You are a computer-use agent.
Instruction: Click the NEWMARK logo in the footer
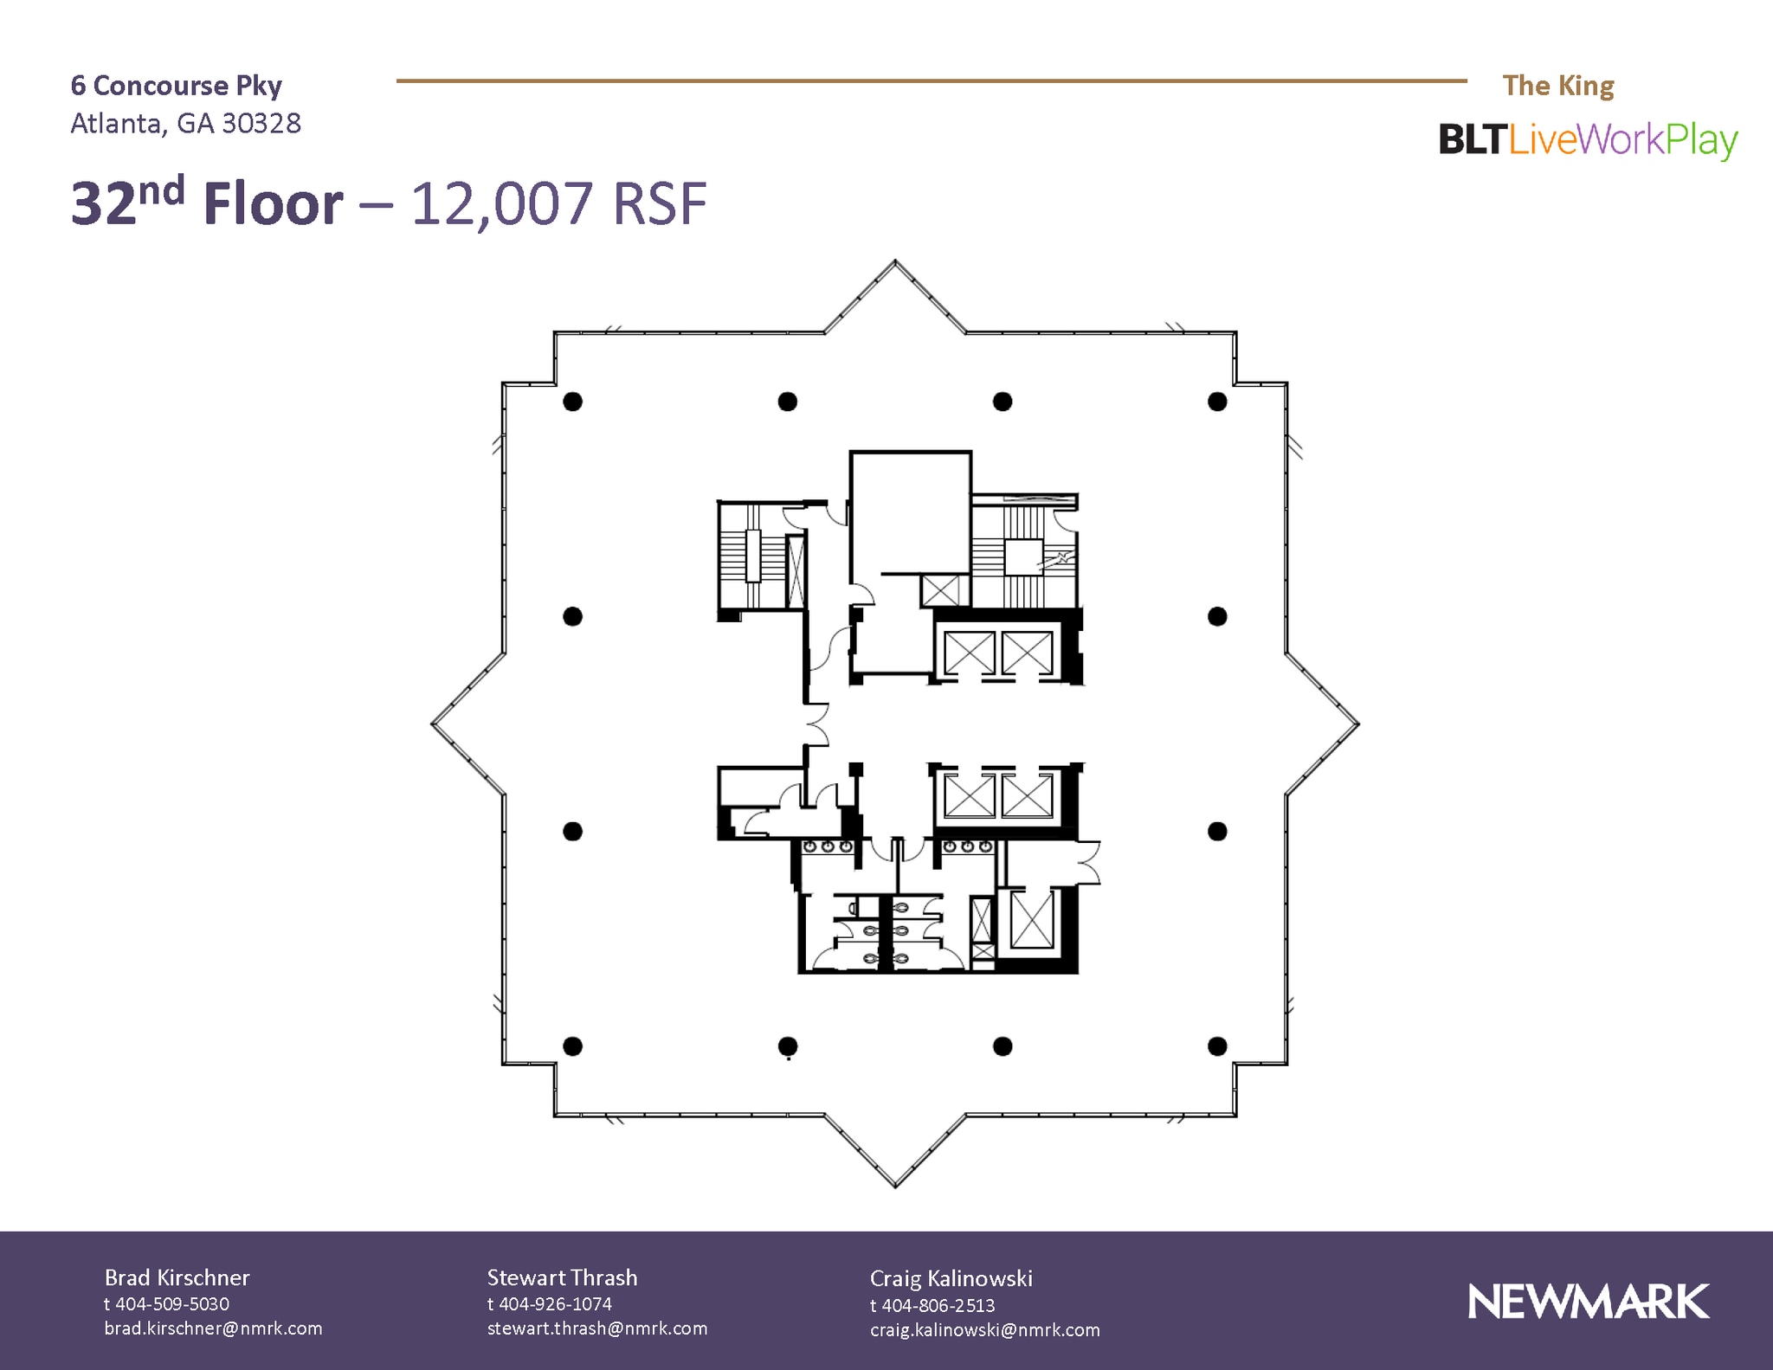pos(1589,1302)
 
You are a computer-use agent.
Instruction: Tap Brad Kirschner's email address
pos(213,1328)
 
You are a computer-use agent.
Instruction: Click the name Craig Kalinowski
pos(951,1278)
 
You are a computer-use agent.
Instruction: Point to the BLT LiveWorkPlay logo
pos(1588,140)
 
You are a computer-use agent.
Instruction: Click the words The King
pos(1557,86)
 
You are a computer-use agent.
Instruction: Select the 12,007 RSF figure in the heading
pos(558,204)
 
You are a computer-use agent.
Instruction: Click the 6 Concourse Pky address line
pos(177,86)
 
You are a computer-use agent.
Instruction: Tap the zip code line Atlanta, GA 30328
pos(185,124)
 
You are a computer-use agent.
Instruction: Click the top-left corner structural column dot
pos(572,402)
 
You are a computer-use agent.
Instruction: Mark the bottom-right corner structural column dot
pos(1217,1046)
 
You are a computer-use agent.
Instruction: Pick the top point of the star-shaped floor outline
pos(895,262)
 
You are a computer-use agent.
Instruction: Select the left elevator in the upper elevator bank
pos(969,653)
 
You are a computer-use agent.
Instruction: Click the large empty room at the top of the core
pos(910,511)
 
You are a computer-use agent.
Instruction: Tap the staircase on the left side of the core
pos(752,556)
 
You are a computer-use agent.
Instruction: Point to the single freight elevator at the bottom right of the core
pos(1032,919)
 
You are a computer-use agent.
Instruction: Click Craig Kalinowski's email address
pos(985,1330)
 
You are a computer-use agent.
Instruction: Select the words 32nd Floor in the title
pos(207,204)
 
